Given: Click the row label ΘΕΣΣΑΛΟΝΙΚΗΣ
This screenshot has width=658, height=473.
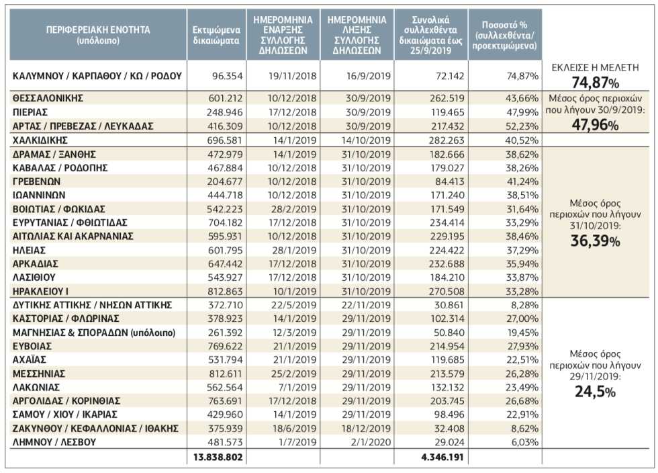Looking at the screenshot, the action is pos(48,98).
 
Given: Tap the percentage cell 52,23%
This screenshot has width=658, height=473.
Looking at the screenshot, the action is pos(522,126).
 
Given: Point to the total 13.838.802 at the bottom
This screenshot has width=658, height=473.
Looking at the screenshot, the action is pos(218,457).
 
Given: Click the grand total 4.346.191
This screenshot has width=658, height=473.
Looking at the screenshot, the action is pos(442,457).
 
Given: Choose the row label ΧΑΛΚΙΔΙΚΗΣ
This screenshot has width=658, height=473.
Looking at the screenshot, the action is pos(40,140).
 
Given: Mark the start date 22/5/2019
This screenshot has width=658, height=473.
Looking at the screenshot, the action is pos(294,305).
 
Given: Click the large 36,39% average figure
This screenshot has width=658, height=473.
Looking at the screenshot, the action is pos(595,241).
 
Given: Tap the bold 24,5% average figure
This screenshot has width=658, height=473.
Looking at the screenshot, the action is pos(595,392).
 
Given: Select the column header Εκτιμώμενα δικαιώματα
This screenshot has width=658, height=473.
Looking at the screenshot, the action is pos(216,36).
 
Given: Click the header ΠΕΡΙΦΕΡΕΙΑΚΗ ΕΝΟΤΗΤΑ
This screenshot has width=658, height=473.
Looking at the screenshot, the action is pos(98,30).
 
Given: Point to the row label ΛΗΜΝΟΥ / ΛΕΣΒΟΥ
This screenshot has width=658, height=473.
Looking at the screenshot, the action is pos(54,442).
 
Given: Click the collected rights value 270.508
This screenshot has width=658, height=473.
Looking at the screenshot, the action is pos(447,291).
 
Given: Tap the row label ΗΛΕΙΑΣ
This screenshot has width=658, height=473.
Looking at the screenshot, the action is pos(29,251).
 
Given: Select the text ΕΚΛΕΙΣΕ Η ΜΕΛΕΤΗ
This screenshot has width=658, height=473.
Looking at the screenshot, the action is pos(595,68).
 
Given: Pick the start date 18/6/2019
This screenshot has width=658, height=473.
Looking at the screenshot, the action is pos(294,429).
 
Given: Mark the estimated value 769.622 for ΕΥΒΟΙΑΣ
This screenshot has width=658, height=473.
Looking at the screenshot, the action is pos(225,346).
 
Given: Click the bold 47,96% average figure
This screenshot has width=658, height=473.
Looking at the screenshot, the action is pos(595,125).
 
